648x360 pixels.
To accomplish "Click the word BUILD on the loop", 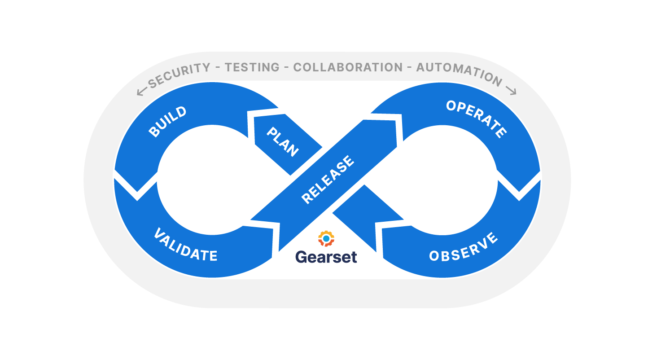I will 168,122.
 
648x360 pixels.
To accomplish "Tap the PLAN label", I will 283,142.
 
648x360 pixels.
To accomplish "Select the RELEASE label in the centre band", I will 328,180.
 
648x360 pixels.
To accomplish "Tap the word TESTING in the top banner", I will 252,68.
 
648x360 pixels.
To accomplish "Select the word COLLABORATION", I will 348,67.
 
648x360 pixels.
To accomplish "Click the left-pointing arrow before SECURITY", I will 142,92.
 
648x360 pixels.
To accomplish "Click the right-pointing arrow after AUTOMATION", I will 511,90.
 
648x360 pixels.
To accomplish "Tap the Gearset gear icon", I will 326,239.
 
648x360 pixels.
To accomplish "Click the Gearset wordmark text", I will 326,257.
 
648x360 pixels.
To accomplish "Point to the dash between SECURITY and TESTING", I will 217,68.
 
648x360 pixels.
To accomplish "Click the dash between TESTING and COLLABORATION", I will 286,67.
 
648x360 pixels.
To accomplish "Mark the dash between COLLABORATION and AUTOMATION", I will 409,68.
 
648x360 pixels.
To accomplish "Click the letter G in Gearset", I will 301,257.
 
